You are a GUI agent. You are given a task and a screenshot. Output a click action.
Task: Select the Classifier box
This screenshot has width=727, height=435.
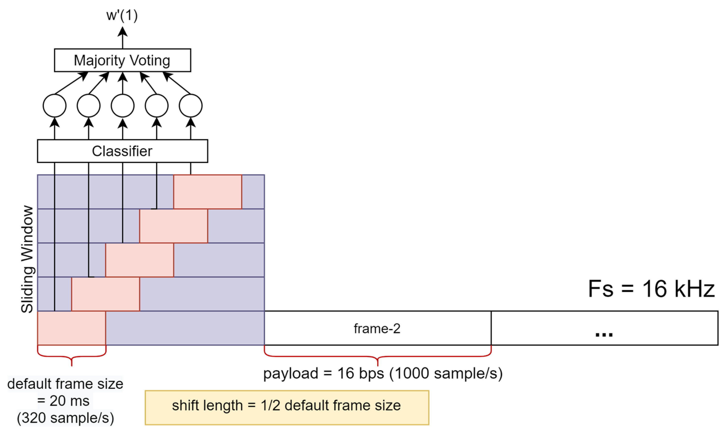point(122,151)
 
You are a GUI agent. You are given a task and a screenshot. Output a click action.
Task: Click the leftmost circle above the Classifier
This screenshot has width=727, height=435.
point(54,106)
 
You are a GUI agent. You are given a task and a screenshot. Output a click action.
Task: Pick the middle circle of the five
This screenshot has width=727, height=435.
point(122,106)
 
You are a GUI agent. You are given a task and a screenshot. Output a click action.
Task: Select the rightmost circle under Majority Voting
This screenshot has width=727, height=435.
point(190,106)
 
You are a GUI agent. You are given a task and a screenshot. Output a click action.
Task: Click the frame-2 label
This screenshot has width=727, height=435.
point(377,329)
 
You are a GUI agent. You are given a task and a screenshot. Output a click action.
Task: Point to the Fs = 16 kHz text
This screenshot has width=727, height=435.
point(651,289)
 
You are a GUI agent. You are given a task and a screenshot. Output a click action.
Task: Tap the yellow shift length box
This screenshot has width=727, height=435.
point(287,408)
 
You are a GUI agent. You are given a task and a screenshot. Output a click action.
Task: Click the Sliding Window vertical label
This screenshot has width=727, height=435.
point(27,259)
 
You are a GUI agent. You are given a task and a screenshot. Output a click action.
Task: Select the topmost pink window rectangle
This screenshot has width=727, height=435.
point(207,192)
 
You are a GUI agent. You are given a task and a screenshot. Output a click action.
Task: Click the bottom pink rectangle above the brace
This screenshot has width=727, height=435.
point(71,328)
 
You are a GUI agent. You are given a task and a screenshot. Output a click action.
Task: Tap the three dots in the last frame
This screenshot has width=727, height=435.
point(604,334)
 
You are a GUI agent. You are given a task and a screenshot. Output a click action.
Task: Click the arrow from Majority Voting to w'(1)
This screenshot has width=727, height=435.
point(122,38)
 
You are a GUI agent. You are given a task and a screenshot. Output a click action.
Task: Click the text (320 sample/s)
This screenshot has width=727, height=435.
point(65,418)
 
